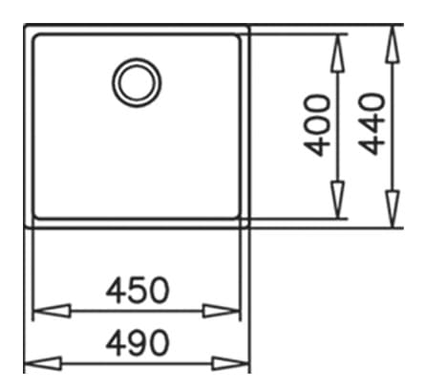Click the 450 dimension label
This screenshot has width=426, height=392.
pyautogui.click(x=138, y=291)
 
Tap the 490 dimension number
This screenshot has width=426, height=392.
pyautogui.click(x=138, y=343)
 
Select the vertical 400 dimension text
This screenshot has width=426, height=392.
pyautogui.click(x=316, y=124)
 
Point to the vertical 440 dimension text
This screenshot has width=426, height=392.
pyautogui.click(x=372, y=123)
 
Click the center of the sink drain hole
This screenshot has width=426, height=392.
pyautogui.click(x=137, y=82)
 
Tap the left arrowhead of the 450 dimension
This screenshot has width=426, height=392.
pyautogui.click(x=52, y=311)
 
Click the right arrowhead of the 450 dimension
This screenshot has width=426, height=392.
pyautogui.click(x=221, y=311)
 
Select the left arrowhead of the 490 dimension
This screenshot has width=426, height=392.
pyautogui.click(x=43, y=363)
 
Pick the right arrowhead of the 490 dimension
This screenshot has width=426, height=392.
pyautogui.click(x=230, y=363)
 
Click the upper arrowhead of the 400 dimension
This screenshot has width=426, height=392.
pyautogui.click(x=337, y=53)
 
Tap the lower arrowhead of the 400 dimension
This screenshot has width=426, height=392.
pyautogui.click(x=337, y=201)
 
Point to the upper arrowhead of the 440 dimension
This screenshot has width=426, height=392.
pyautogui.click(x=393, y=44)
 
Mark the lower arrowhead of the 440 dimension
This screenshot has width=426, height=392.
pyautogui.click(x=393, y=209)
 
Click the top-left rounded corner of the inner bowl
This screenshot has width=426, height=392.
pyautogui.click(x=36, y=36)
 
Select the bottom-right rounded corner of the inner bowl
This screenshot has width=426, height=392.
pyautogui.click(x=238, y=216)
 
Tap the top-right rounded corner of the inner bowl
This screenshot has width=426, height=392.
pyautogui.click(x=238, y=36)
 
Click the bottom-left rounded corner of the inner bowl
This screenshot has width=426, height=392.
pyautogui.click(x=36, y=216)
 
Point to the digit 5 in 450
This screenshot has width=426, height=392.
pyautogui.click(x=138, y=291)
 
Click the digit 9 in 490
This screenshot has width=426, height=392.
pyautogui.click(x=138, y=343)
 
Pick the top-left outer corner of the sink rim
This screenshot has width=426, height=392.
pyautogui.click(x=25, y=25)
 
